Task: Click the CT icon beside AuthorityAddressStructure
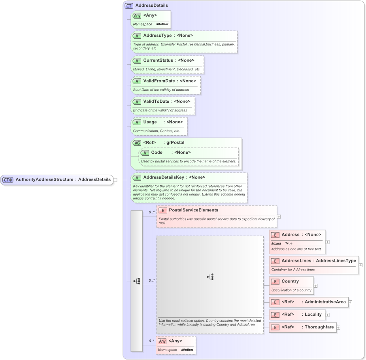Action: point(8,180)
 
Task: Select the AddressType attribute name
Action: point(157,36)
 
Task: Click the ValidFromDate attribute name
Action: point(158,81)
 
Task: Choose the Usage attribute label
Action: point(150,122)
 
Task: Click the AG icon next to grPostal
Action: point(137,143)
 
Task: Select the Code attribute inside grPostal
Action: point(157,153)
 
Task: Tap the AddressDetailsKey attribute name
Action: point(164,177)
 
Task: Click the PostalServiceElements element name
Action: point(193,210)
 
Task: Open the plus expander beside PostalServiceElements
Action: point(279,217)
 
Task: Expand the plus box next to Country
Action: point(315,285)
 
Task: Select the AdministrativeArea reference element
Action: point(324,302)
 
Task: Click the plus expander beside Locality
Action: point(328,315)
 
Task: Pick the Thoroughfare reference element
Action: point(319,327)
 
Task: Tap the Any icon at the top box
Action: point(137,16)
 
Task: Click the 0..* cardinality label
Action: point(152,341)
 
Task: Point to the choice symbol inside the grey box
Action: point(210,277)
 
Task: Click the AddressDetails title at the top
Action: point(151,6)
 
